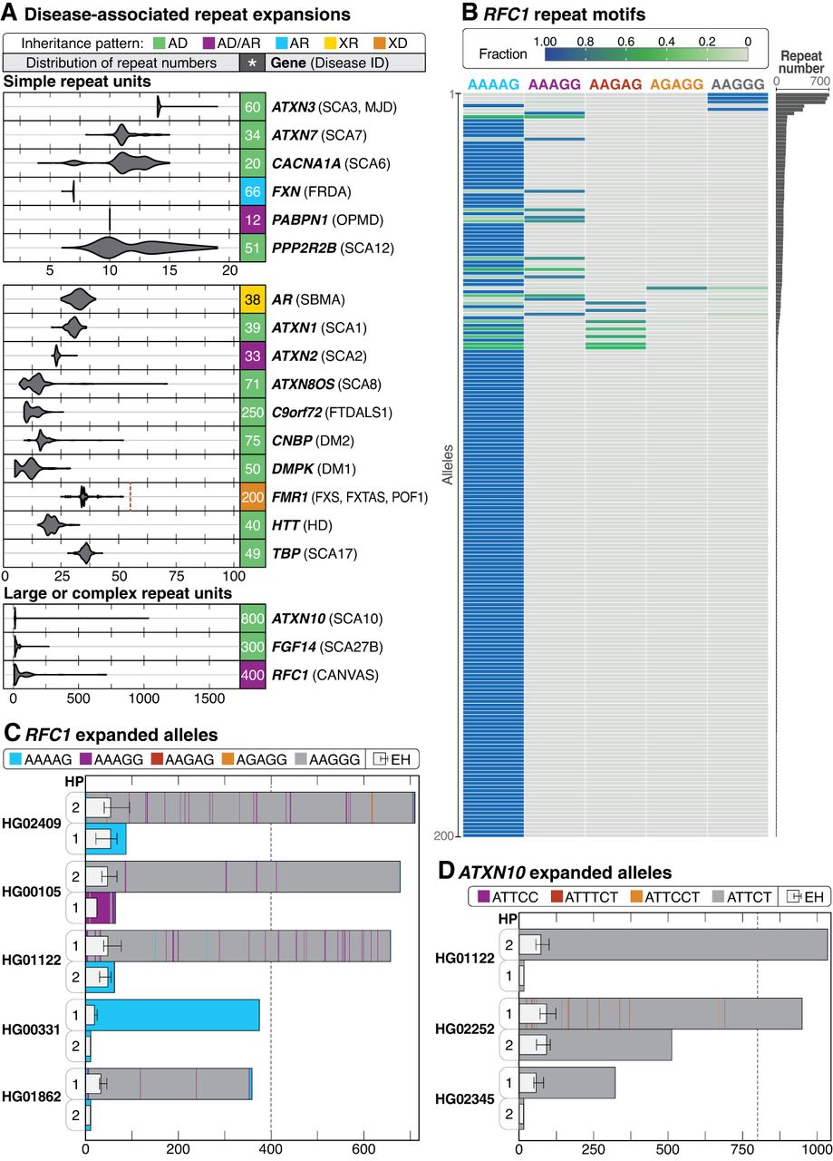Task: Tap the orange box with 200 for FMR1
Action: click(252, 497)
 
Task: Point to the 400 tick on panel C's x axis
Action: click(270, 1146)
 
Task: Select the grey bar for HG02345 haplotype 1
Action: click(567, 1083)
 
